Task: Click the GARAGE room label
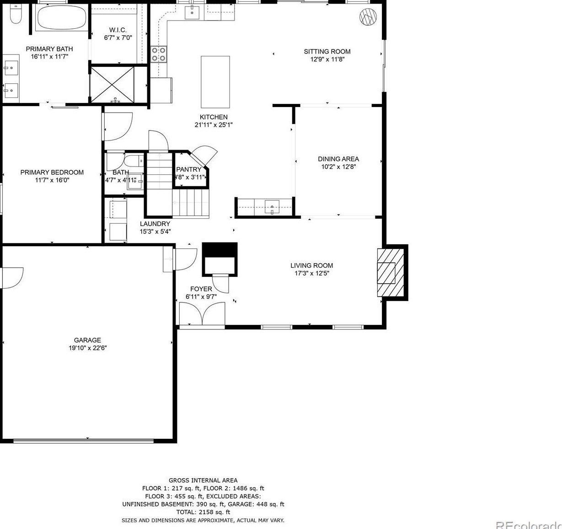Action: tap(87, 340)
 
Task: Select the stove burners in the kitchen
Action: tap(159, 54)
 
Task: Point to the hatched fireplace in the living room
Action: tap(390, 273)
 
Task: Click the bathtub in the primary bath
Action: tap(61, 18)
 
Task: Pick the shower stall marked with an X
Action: tap(112, 84)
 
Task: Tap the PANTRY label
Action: tap(189, 169)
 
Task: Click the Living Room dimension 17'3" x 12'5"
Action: tap(312, 273)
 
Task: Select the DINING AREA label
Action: tap(338, 159)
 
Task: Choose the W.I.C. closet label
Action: tap(118, 30)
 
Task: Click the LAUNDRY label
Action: tap(155, 224)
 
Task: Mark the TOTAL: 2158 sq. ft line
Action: tap(203, 512)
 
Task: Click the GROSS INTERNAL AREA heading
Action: tap(203, 480)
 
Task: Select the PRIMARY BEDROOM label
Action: tap(52, 173)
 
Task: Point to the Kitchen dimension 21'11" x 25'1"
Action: tap(214, 124)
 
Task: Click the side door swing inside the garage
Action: tap(13, 277)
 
